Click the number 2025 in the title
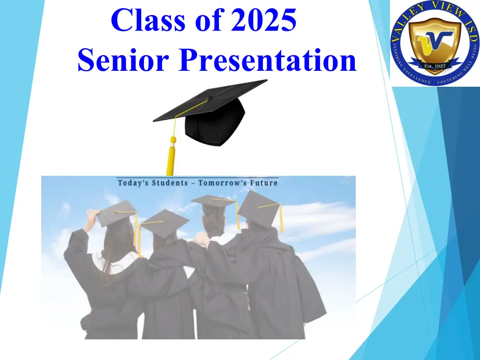pos(263,20)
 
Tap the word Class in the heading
pos(148,20)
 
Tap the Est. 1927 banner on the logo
pos(435,66)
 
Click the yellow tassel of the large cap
pos(172,147)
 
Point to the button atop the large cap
pos(210,98)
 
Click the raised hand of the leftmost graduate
pos(92,214)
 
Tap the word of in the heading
pos(208,20)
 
